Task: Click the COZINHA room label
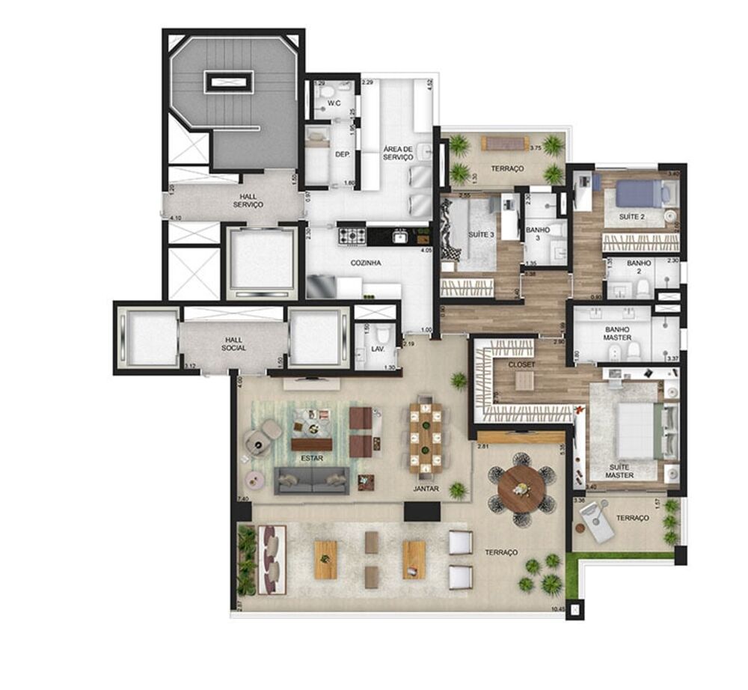[367, 263]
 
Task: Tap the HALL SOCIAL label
[233, 344]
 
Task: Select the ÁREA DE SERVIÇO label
[398, 153]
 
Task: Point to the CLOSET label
[521, 364]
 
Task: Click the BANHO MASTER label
[617, 334]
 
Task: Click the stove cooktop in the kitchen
[352, 236]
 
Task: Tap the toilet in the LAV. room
[384, 335]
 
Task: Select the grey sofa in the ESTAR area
[312, 480]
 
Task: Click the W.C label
[334, 104]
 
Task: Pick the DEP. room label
[343, 154]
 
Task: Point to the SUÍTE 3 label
[481, 234]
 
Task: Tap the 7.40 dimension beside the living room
[242, 498]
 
